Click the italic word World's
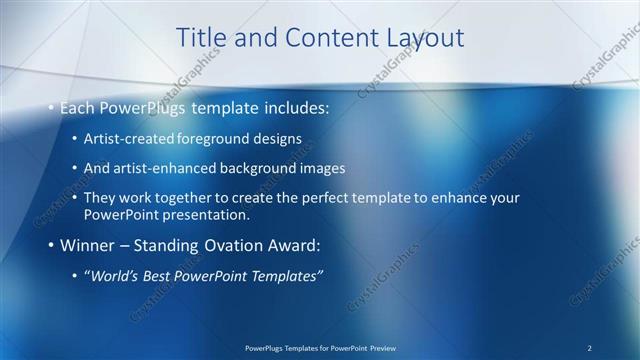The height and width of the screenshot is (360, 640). click(113, 276)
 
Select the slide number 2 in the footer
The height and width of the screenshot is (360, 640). click(590, 347)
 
